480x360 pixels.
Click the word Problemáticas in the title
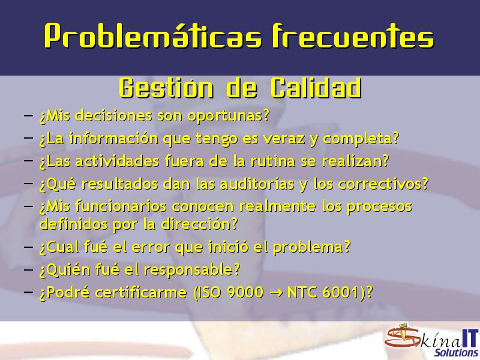(153, 35)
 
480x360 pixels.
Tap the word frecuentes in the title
(353, 35)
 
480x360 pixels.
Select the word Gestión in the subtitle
(166, 88)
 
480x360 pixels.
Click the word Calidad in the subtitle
(316, 88)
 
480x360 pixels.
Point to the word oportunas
(228, 116)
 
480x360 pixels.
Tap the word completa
(361, 139)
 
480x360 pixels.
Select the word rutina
(273, 161)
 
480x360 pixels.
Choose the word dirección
(199, 224)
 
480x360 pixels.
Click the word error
(149, 247)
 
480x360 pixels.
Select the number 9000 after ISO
(245, 292)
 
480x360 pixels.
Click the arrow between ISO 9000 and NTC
(276, 293)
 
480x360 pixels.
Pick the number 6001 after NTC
(340, 292)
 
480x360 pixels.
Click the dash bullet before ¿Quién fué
(28, 269)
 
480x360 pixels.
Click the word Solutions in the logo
(456, 352)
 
